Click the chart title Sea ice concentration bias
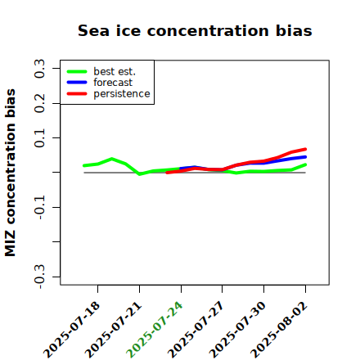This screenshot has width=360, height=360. pos(195,30)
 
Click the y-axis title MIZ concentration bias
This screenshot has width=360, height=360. pos(10,173)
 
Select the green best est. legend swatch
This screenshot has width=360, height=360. pos(77,72)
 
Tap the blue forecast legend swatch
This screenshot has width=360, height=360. pos(77,83)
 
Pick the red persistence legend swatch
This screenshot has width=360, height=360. pos(77,94)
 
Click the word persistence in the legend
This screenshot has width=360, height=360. pos(122,94)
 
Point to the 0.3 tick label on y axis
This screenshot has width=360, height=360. pos(39,69)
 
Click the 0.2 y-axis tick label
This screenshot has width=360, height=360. pos(39,103)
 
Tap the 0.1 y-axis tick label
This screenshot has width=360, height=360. pos(39,138)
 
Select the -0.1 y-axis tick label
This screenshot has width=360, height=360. pos(39,207)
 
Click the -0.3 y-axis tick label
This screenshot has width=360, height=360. pos(39,277)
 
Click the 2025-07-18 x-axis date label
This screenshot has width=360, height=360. pos(71,330)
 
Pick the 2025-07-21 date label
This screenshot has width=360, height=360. pos(113,330)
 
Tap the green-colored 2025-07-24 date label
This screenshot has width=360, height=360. pos(155,330)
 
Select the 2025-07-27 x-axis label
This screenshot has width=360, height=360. pos(196,330)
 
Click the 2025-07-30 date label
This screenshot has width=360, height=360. pos(237,330)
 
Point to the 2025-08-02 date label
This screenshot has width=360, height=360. pos(279,330)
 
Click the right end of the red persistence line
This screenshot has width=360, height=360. pos(305,149)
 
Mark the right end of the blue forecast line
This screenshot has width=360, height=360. pos(305,157)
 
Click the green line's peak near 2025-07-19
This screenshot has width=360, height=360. pos(111,159)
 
